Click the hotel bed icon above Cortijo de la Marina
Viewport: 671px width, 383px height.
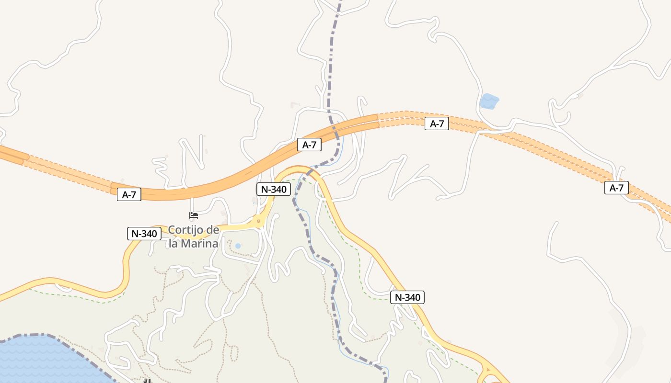[194, 215]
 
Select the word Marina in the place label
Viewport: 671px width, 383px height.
[200, 243]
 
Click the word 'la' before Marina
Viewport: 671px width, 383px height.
[174, 243]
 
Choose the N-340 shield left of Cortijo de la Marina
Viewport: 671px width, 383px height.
[144, 234]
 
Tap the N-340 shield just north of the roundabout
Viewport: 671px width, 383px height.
[273, 189]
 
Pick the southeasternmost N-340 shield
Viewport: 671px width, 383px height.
[407, 297]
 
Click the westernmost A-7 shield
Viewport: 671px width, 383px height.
[129, 195]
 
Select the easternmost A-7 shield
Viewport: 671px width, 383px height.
[616, 188]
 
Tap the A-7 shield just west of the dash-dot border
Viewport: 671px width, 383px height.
[309, 145]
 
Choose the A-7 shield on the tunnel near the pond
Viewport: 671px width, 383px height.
[437, 124]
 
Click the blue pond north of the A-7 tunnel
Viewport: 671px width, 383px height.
[489, 101]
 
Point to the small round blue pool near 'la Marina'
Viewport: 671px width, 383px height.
[238, 246]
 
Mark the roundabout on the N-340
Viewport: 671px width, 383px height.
[258, 221]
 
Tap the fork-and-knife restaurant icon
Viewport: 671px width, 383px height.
[147, 381]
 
